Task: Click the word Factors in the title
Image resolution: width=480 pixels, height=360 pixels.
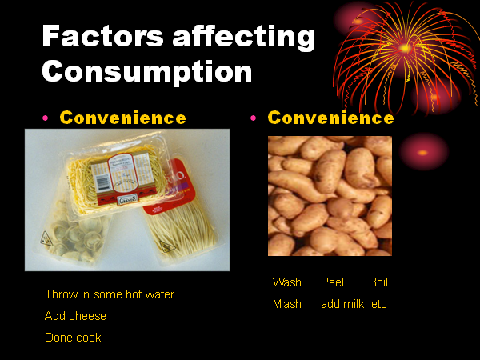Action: (103, 36)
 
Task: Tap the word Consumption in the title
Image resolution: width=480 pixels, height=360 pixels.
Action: (147, 71)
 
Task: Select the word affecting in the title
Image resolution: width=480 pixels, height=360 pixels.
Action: (244, 38)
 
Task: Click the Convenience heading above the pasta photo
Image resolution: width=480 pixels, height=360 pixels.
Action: (122, 118)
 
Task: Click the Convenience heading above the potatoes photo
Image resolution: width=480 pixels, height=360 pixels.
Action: (330, 118)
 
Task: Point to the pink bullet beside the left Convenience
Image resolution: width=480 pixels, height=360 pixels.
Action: (46, 118)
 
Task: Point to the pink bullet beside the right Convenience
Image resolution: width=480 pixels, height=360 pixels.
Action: (253, 118)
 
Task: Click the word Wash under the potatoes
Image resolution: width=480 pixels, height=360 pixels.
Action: (287, 282)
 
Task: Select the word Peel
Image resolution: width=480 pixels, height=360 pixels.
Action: (332, 282)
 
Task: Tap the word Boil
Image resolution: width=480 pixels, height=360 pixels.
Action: (378, 282)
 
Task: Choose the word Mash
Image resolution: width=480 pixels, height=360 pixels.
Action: (287, 304)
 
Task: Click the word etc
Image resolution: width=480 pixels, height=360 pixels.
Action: (379, 304)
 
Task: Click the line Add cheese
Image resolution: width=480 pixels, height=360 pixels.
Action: (75, 316)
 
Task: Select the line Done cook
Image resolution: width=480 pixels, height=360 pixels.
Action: (73, 338)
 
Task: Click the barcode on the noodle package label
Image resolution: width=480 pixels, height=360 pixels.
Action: (103, 183)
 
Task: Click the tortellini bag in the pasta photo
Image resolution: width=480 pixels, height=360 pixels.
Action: (74, 233)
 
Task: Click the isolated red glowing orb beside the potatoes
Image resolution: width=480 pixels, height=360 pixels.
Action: (424, 152)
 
